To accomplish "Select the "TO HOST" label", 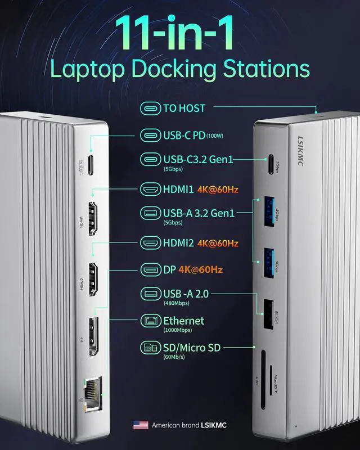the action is pyautogui.click(x=184, y=108).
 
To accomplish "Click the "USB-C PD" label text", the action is pyautogui.click(x=184, y=135).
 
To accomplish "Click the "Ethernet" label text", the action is pyautogui.click(x=183, y=321).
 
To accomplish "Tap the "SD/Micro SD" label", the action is pyautogui.click(x=191, y=348).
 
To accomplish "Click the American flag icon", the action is pyautogui.click(x=141, y=425).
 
